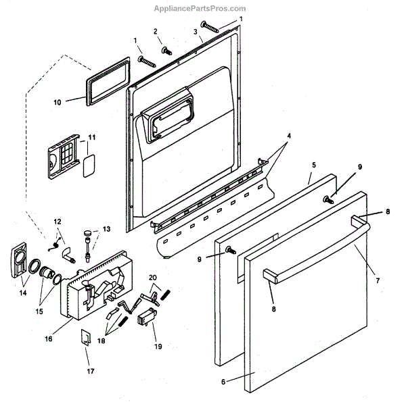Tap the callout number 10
pyautogui.click(x=57, y=102)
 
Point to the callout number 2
pyautogui.click(x=155, y=32)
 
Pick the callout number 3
pyautogui.click(x=195, y=32)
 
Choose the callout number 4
pyautogui.click(x=289, y=136)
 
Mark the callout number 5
pyautogui.click(x=314, y=164)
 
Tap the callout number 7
pyautogui.click(x=378, y=280)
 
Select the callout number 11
pyautogui.click(x=92, y=138)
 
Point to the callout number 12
pyautogui.click(x=57, y=222)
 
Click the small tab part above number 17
pyautogui.click(x=86, y=336)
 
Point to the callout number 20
pyautogui.click(x=153, y=277)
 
